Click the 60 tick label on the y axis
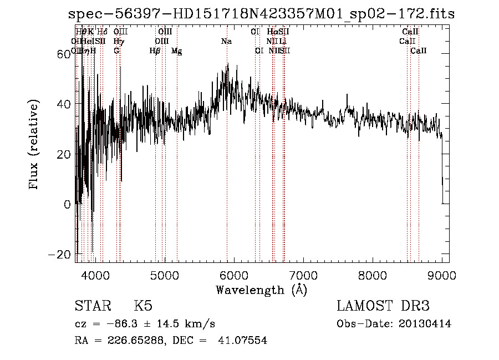[66, 54]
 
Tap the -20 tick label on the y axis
[62, 254]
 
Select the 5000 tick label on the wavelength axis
[164, 275]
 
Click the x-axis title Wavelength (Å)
[261, 290]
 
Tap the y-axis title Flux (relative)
[35, 145]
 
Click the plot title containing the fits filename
[261, 14]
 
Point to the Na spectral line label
[226, 42]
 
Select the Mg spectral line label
[177, 51]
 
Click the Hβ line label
[155, 51]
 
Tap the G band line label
[116, 51]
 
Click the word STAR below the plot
[92, 306]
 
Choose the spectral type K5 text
[143, 306]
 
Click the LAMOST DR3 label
[383, 306]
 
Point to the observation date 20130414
[426, 324]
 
